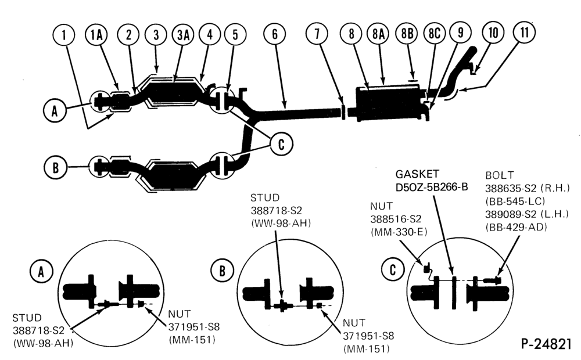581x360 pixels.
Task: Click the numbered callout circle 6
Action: coord(275,34)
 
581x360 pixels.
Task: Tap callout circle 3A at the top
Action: coord(183,34)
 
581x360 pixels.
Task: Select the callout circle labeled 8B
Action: coord(407,34)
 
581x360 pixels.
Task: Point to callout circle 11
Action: coord(524,33)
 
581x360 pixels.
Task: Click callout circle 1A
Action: coord(96,34)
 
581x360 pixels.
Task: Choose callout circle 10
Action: coord(493,33)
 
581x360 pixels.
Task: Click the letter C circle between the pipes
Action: coord(281,144)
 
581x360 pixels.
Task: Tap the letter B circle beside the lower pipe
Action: coord(55,167)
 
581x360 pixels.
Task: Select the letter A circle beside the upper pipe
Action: coord(55,110)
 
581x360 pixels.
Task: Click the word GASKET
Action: coord(417,174)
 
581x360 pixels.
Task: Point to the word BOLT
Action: coord(500,175)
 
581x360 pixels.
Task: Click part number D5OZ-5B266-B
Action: coord(432,187)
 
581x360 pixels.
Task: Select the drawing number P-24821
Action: coord(546,344)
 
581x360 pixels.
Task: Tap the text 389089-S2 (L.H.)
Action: coord(527,214)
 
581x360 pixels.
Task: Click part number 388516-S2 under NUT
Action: coord(396,219)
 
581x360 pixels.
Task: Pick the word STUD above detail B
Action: coord(265,197)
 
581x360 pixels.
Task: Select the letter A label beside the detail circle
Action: coord(41,272)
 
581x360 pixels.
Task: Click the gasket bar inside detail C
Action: coord(454,292)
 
